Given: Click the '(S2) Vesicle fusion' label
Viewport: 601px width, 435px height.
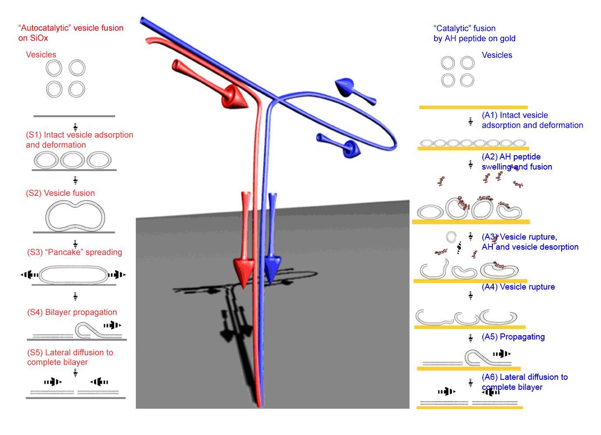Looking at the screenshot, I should [60, 193].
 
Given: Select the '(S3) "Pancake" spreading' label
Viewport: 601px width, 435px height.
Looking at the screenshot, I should [74, 252].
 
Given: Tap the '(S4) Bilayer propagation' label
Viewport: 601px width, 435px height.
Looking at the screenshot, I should [72, 312].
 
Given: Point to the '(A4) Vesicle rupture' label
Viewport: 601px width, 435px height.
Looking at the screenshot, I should [518, 287].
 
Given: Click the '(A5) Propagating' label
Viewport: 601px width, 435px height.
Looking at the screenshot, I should [513, 337].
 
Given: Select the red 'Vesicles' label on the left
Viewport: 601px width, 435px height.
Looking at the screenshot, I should [41, 55].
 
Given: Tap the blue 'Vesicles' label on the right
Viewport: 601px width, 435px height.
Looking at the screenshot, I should [497, 55].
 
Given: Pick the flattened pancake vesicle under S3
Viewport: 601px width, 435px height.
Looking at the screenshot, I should [74, 275].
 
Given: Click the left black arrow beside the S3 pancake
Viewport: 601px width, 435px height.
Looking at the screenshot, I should [30, 275].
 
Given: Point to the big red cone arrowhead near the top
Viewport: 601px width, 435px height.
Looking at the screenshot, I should [233, 97].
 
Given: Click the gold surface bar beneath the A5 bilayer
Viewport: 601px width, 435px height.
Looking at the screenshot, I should [469, 369].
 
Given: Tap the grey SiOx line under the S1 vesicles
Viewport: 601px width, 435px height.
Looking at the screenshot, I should [74, 170].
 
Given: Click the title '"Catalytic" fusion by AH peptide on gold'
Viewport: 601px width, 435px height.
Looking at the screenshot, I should [474, 34].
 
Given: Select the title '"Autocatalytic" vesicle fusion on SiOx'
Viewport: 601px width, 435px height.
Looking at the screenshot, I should [71, 33].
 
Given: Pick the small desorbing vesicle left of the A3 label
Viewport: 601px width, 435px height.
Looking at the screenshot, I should [451, 237].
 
